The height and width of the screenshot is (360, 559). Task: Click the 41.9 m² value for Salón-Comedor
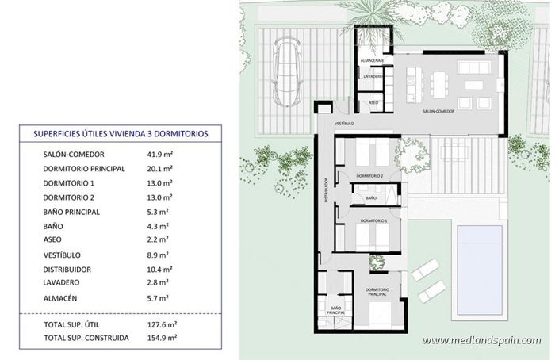tap(159, 154)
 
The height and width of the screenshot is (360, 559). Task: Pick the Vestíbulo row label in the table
tap(64, 255)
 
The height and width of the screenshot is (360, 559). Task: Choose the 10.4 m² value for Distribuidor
tap(159, 269)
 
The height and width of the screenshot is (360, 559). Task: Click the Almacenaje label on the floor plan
tap(372, 60)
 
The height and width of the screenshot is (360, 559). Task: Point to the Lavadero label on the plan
tap(373, 76)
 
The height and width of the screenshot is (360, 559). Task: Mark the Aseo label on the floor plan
tap(373, 103)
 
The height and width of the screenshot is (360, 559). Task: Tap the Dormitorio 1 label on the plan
tap(373, 220)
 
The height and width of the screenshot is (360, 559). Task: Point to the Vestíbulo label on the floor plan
tap(343, 124)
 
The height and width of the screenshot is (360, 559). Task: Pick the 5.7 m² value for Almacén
tap(158, 298)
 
